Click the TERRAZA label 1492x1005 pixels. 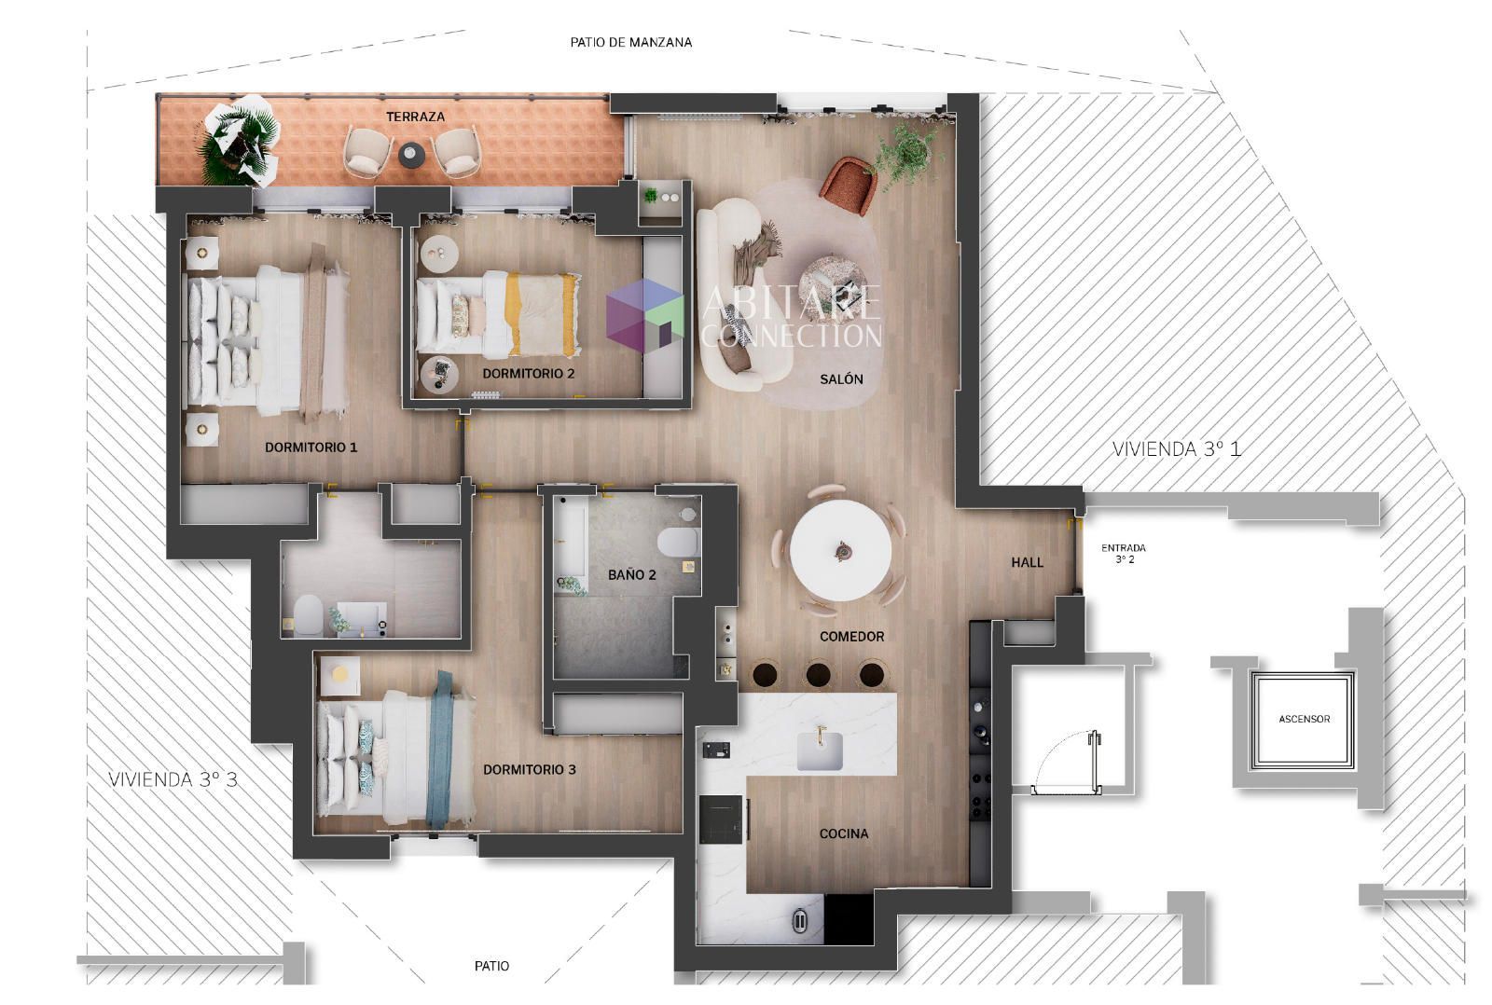(x=415, y=117)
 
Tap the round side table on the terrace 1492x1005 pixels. (x=411, y=155)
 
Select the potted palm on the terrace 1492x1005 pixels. (x=239, y=140)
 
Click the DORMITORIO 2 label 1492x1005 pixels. (x=528, y=374)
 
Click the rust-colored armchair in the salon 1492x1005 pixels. (x=849, y=186)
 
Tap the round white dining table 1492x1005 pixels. (x=840, y=551)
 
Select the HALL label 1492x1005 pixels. (x=1027, y=563)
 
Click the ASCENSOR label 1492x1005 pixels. (x=1305, y=720)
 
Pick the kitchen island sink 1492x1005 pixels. (x=820, y=751)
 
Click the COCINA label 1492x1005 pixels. (x=844, y=833)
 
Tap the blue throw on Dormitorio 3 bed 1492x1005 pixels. (x=439, y=750)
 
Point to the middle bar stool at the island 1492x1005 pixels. (x=818, y=675)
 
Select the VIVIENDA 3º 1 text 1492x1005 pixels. (x=1176, y=448)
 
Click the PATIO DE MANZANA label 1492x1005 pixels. (x=630, y=43)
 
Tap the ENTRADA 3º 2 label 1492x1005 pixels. (x=1124, y=554)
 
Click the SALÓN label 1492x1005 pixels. (x=841, y=379)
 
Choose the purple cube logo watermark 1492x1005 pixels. (x=644, y=316)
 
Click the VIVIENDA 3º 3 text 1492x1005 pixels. (x=173, y=779)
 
